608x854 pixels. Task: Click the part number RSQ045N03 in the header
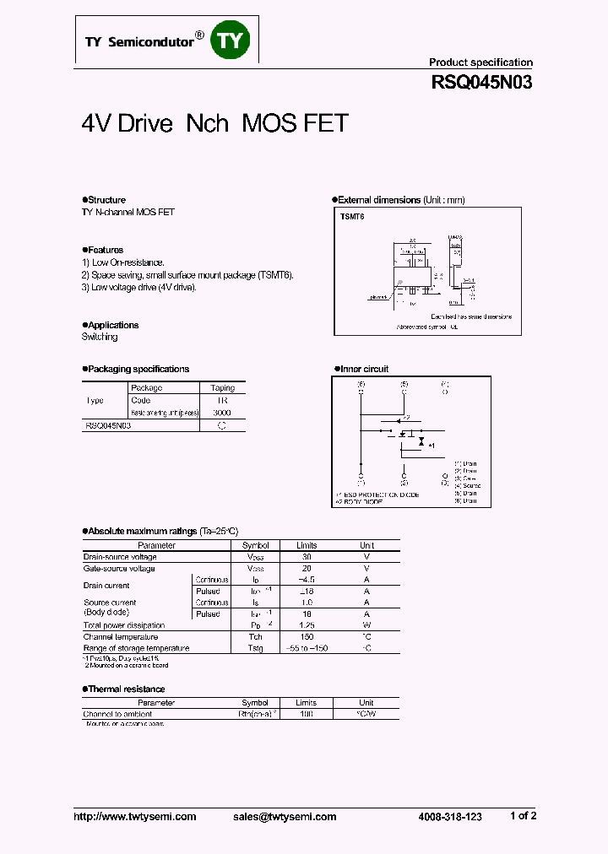pyautogui.click(x=481, y=83)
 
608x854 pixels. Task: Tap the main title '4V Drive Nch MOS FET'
pyautogui.click(x=214, y=123)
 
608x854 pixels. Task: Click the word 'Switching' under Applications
pyautogui.click(x=100, y=337)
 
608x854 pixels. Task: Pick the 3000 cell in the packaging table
pyautogui.click(x=222, y=413)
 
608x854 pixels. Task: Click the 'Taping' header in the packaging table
pyautogui.click(x=222, y=388)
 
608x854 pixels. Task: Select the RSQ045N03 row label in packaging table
pyautogui.click(x=107, y=426)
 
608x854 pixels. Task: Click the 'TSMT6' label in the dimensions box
pyautogui.click(x=352, y=217)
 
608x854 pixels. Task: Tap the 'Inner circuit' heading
pyautogui.click(x=364, y=369)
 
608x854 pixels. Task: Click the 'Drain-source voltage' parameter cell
pyautogui.click(x=119, y=557)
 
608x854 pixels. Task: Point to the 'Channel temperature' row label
pyautogui.click(x=120, y=636)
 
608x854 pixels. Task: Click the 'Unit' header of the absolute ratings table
pyautogui.click(x=366, y=545)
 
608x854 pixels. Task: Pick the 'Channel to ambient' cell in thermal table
pyautogui.click(x=117, y=714)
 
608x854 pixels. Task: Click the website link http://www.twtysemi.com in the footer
pyautogui.click(x=135, y=816)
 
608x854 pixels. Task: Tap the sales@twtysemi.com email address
pyautogui.click(x=285, y=816)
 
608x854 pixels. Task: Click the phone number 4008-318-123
pyautogui.click(x=450, y=816)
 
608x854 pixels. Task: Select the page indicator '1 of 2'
pyautogui.click(x=523, y=815)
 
